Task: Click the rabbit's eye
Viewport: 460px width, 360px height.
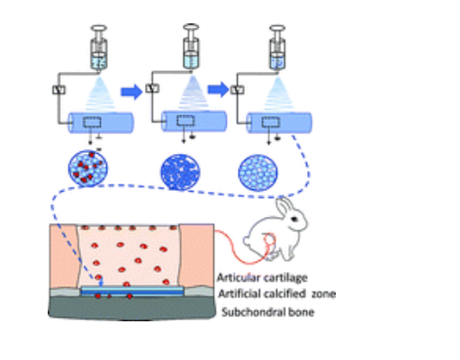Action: (294, 219)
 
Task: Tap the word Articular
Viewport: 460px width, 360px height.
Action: (237, 277)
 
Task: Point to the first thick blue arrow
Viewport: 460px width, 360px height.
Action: (131, 92)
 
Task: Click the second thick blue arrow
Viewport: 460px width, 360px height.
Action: (219, 89)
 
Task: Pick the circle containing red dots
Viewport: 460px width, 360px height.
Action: (88, 168)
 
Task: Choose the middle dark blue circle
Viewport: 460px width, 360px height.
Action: (180, 172)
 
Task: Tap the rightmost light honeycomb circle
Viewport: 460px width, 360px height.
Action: (258, 173)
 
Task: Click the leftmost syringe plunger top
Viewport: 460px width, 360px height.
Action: (99, 29)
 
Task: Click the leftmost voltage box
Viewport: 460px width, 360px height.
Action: (59, 90)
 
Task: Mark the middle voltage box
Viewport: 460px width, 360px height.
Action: (152, 88)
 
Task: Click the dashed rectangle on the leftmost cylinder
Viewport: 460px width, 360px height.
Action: (92, 122)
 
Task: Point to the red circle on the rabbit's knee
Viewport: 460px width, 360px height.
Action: (269, 240)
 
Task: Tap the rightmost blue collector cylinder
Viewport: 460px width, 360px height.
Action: (279, 122)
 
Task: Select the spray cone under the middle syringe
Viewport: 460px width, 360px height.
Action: (194, 92)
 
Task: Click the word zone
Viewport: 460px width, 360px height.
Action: (323, 294)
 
